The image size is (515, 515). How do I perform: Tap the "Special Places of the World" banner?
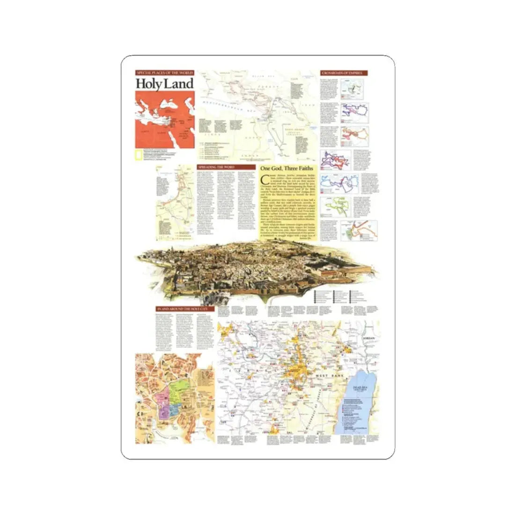pyautogui.click(x=164, y=73)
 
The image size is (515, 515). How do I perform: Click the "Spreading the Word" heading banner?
pyautogui.click(x=219, y=167)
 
